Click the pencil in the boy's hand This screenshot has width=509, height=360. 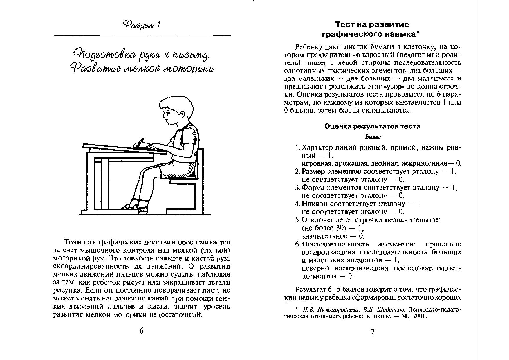[x=140, y=143]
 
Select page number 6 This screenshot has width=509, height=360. [x=142, y=331]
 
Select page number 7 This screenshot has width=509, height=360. [x=373, y=332]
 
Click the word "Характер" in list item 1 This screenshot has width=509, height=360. [x=316, y=148]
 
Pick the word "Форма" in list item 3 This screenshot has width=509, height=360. [x=312, y=188]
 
